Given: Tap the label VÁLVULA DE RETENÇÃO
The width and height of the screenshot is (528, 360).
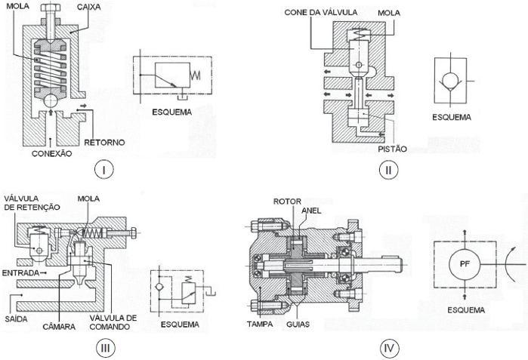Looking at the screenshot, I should [29, 203].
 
